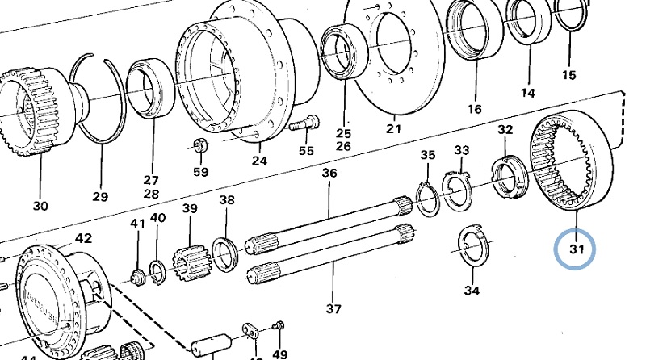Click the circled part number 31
point(574,250)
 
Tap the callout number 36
point(329,174)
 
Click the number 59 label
point(200,172)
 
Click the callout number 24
point(258,160)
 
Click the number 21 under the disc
point(393,128)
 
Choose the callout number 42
point(83,239)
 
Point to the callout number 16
point(474,108)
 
